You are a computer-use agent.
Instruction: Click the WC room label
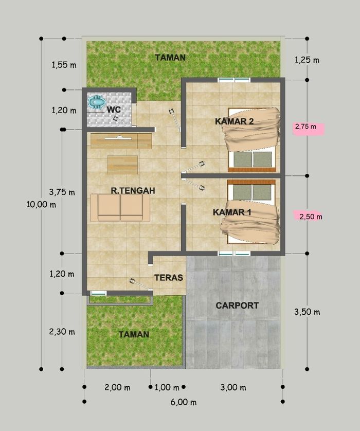pos(114,110)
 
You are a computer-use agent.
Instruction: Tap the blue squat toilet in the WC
pos(97,102)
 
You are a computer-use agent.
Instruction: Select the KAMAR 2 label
pos(234,121)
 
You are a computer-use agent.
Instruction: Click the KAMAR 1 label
pos(232,212)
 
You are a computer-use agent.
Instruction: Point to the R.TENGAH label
pos(133,190)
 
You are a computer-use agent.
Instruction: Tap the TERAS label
pos(169,278)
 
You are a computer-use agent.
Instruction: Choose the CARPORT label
pos(237,306)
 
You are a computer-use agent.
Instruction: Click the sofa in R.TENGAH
pos(120,208)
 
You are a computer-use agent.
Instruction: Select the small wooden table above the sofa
pos(122,165)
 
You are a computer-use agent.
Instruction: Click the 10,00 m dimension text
pos(41,205)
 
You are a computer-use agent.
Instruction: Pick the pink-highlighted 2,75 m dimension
pos(305,127)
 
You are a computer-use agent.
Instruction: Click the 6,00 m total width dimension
pos(184,402)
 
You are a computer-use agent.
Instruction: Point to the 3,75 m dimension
pos(62,192)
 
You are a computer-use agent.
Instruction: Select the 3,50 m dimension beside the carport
pos(307,312)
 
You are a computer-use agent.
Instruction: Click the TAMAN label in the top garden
pos(170,58)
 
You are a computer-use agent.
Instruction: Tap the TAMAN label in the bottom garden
pos(134,334)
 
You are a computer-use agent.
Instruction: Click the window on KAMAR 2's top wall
pos(234,80)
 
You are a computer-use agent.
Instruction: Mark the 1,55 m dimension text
pos(64,65)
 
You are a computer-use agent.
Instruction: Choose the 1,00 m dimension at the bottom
pos(167,388)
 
